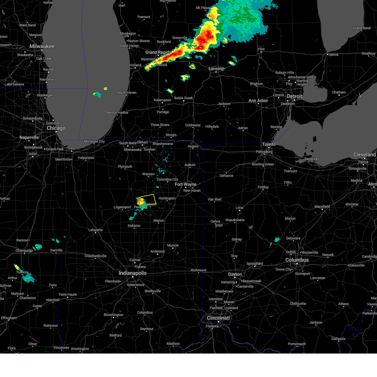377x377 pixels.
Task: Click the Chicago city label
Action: click(x=56, y=128)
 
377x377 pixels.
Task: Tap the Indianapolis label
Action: click(x=133, y=273)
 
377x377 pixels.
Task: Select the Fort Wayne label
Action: click(x=186, y=184)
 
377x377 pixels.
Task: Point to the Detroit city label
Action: click(x=294, y=96)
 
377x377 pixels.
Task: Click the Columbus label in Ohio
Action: click(x=297, y=260)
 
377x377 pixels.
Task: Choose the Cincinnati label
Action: click(x=218, y=318)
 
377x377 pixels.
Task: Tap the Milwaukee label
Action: click(x=42, y=46)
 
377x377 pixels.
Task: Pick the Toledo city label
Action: click(x=269, y=145)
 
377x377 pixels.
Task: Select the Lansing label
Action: click(x=216, y=69)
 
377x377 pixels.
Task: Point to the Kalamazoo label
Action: click(x=162, y=100)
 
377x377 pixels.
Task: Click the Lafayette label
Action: click(x=95, y=230)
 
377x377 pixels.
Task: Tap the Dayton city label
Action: click(x=235, y=274)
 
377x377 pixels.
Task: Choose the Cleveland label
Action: click(x=364, y=155)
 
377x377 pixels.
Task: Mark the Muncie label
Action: click(x=172, y=245)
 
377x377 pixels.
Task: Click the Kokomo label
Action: click(x=134, y=226)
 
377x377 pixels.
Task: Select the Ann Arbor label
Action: click(x=258, y=101)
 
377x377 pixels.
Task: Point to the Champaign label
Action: click(x=24, y=251)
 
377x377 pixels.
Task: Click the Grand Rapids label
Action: click(x=158, y=52)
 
